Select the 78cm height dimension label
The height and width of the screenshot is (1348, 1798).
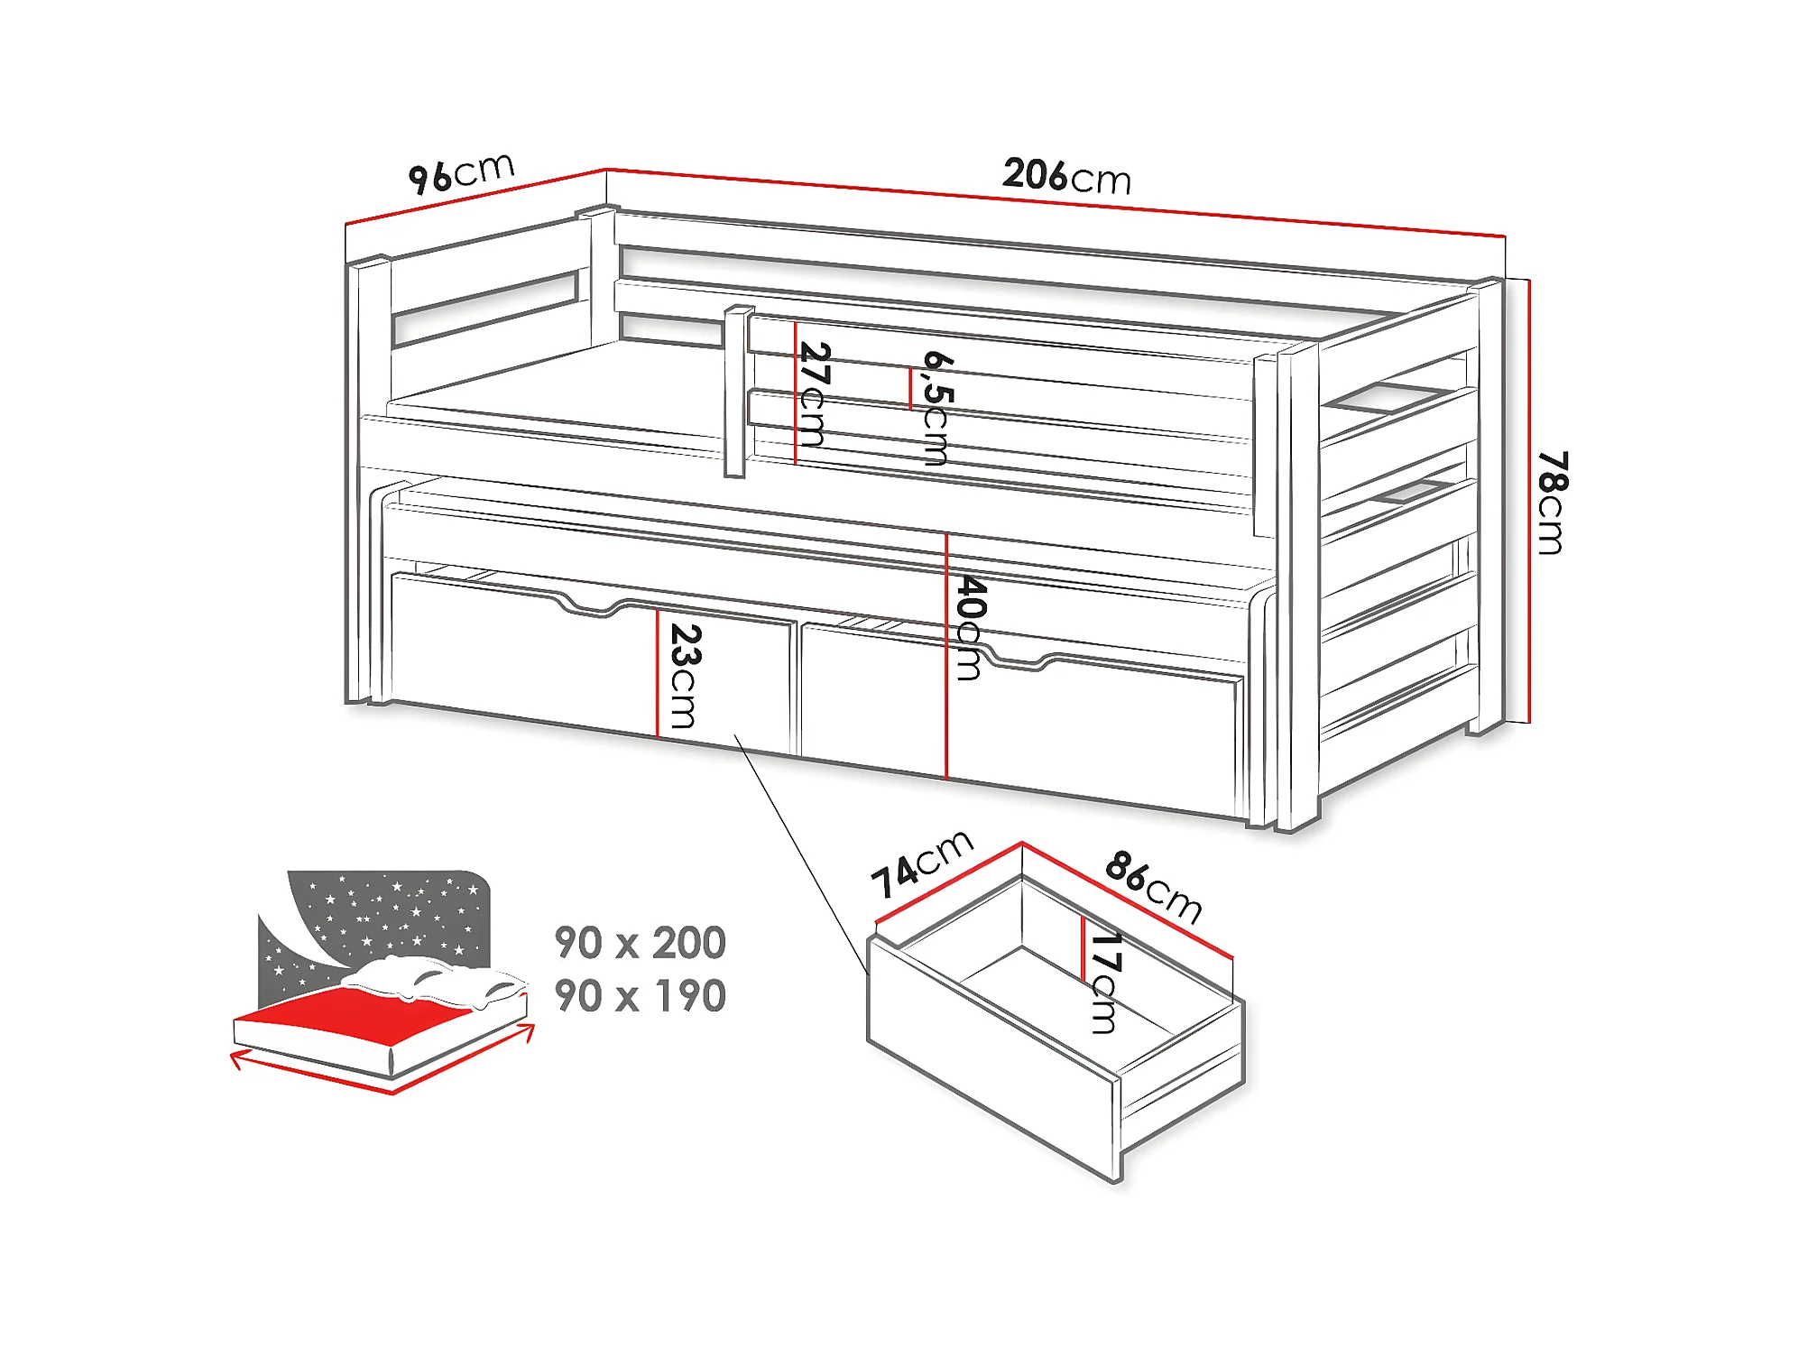coord(1552,502)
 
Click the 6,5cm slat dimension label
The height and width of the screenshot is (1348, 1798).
coord(937,408)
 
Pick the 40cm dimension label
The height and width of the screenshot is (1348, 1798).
coord(970,627)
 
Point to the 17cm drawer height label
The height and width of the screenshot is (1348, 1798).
coord(1105,982)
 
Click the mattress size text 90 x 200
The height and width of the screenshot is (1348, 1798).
coord(640,943)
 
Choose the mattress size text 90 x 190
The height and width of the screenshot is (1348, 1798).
coord(640,996)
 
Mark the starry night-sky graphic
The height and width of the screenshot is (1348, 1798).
coord(379,920)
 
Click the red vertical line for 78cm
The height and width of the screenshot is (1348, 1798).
coord(1529,501)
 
